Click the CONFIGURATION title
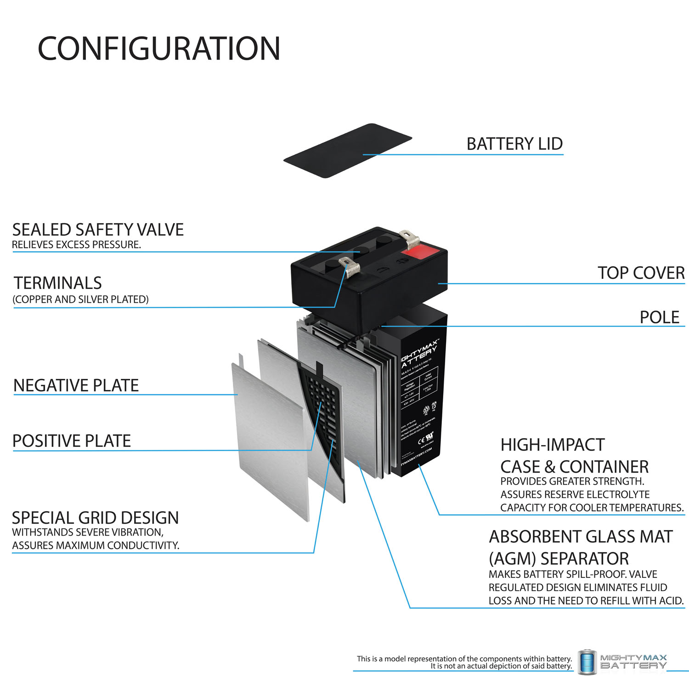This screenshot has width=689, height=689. pos(159,49)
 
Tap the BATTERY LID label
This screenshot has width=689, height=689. pos(514,144)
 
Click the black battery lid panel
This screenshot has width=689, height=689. pos(347,151)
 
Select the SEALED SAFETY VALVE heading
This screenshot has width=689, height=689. pos(98,230)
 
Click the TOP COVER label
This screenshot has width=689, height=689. pos(641,273)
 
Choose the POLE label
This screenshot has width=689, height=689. pos(659,317)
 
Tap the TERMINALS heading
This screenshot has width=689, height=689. pos(57,283)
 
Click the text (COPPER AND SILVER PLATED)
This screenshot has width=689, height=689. pos(80,299)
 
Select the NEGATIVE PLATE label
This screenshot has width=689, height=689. pos(76,385)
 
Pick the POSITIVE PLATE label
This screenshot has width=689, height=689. pos(72,441)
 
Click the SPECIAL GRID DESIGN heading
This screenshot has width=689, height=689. pos(95,518)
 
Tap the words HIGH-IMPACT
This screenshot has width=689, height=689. pos(552,445)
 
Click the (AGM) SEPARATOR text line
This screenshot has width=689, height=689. pos(559,559)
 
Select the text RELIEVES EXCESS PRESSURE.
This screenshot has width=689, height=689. pos(76,245)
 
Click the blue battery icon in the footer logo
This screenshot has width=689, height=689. pos(587,662)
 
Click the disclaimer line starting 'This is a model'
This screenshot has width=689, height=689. pos(464,659)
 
